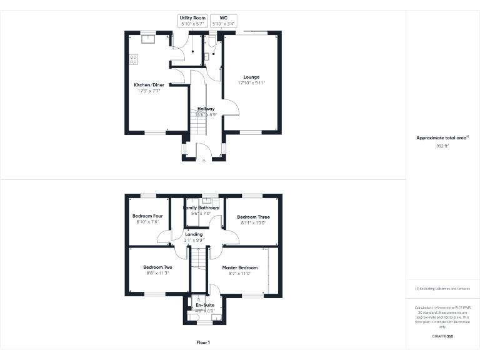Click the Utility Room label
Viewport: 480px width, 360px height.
coord(192,18)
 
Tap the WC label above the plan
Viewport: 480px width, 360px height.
coord(223,18)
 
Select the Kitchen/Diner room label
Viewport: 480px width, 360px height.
coord(149,84)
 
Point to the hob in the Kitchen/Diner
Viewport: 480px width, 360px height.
coord(133,59)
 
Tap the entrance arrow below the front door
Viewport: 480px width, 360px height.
coord(204,161)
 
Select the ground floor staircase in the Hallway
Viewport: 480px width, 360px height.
coord(197,120)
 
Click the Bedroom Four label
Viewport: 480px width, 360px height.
coord(147,216)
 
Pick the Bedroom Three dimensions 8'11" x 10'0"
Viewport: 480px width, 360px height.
coord(254,222)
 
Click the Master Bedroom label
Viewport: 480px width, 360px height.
coord(239,267)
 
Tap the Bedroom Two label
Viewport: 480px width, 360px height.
coord(157,267)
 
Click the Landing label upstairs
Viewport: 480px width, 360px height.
coord(193,234)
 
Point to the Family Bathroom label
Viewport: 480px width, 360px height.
coord(201,207)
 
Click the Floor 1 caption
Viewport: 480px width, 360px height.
coord(203,342)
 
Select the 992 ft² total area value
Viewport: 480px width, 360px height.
coord(442,145)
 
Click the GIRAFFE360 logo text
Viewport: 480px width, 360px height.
coord(442,336)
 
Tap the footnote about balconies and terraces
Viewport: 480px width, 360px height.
coord(442,289)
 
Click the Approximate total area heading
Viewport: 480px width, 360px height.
coord(441,137)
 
